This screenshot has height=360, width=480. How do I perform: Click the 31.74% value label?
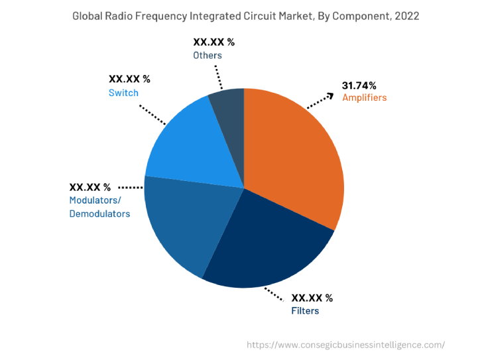coord(359,86)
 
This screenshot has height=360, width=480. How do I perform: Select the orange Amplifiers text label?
coord(364,98)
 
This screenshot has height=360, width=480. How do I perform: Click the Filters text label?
coord(305,311)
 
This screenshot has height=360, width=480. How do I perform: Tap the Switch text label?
coord(123,93)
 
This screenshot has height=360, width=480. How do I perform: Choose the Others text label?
coord(208,55)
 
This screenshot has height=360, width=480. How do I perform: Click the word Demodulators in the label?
coord(99,213)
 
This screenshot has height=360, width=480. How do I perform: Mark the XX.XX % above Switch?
coord(129,80)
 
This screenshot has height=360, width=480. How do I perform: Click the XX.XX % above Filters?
coord(312,298)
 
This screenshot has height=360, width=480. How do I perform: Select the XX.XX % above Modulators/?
coord(90,187)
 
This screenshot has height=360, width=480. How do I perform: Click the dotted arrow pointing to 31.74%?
coord(320,100)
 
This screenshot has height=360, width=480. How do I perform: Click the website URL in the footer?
coord(345,345)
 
